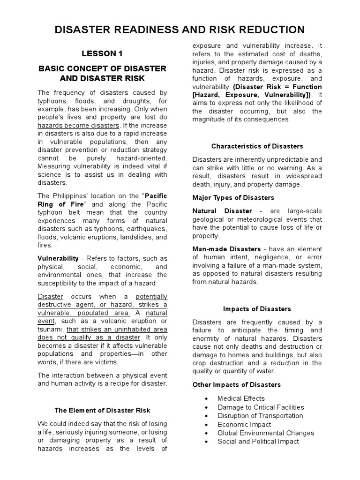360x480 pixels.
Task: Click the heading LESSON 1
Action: tap(102, 53)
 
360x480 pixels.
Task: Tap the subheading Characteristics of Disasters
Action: tap(257, 146)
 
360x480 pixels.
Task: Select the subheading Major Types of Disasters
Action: tap(233, 197)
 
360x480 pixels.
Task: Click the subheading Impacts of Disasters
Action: tap(257, 309)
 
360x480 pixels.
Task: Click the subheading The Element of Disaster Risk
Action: tap(102, 410)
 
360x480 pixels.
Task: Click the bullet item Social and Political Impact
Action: tap(258, 441)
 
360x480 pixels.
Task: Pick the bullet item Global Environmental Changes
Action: tap(265, 433)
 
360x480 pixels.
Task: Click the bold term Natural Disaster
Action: tap(222, 211)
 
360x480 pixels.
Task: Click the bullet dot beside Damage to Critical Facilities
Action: tap(206, 407)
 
